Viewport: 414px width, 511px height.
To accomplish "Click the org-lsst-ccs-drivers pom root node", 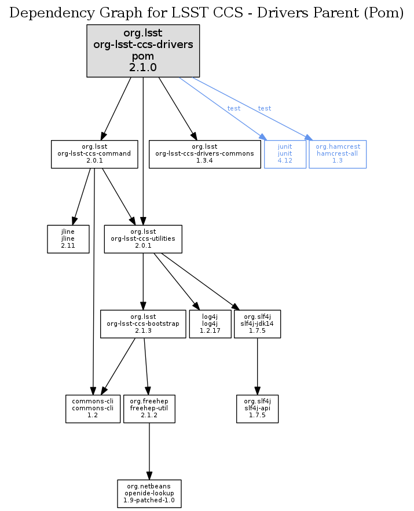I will coord(143,51).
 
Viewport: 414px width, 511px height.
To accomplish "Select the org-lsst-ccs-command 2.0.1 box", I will coord(94,154).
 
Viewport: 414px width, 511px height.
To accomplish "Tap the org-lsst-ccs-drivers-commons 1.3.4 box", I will coord(204,154).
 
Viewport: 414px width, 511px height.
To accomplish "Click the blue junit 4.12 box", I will coord(285,154).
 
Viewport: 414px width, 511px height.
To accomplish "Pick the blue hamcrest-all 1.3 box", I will coord(338,154).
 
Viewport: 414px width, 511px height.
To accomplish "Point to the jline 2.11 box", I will coord(68,238).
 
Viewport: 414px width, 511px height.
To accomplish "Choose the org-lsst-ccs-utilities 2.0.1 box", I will coord(143,238).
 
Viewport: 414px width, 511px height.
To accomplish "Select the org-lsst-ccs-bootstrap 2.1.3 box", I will coord(143,323).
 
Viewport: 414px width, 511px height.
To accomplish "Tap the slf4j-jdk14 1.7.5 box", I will coord(258,323).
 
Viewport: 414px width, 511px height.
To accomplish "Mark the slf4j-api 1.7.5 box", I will coord(258,409).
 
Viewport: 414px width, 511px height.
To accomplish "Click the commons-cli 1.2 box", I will coord(93,409).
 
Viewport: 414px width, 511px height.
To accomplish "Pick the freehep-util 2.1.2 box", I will coord(149,409).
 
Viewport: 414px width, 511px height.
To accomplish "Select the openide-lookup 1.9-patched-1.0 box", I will coord(149,493).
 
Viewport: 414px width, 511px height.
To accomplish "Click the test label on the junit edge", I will coord(234,108).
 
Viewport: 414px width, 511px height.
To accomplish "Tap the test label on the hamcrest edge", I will coord(265,108).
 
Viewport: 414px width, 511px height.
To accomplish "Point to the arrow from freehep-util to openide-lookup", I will coord(149,451).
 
